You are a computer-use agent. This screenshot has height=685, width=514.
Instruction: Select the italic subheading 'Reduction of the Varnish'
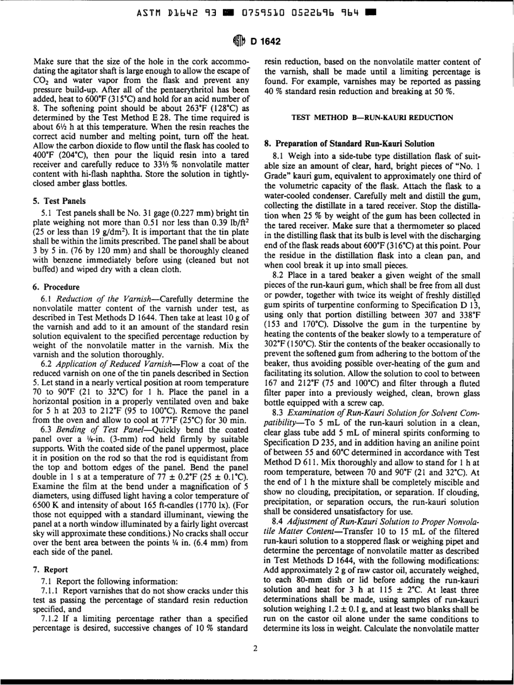[89, 297]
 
